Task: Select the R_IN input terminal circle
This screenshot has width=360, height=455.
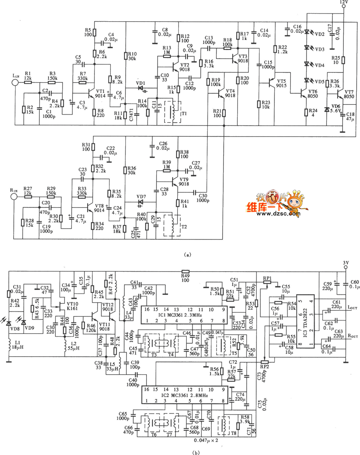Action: tap(14, 196)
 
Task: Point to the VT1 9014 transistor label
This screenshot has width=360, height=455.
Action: tap(100, 94)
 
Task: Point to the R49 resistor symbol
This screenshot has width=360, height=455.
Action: tap(185, 272)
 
